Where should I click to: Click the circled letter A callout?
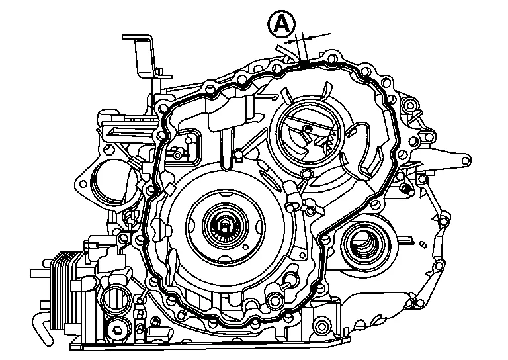[x=280, y=26]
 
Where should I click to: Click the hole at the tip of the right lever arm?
[x=466, y=160]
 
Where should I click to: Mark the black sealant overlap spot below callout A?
[x=304, y=64]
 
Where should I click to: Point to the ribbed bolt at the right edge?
[x=407, y=190]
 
